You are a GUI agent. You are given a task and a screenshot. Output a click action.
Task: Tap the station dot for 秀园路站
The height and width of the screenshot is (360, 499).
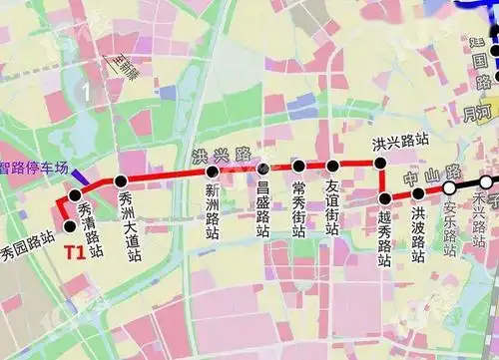click(x=68, y=225)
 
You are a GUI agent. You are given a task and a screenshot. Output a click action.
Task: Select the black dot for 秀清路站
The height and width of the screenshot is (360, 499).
click(x=75, y=195)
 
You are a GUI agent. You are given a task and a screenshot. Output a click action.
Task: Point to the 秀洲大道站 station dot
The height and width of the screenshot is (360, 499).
click(x=121, y=181)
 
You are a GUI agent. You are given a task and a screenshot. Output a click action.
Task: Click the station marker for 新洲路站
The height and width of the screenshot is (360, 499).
click(x=212, y=172)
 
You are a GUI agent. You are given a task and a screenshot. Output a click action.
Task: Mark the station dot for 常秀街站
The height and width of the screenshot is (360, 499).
click(x=298, y=166)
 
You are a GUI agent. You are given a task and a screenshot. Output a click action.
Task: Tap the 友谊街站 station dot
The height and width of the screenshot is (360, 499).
click(x=333, y=165)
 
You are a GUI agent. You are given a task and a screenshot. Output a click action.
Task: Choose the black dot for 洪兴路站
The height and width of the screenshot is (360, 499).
click(x=380, y=162)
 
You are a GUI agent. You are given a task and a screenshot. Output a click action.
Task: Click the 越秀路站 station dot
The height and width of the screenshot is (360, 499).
click(x=384, y=198)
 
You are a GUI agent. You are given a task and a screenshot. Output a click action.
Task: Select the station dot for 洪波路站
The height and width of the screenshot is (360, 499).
click(x=419, y=193)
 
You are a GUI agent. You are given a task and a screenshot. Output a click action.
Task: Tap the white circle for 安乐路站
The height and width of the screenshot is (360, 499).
click(x=450, y=187)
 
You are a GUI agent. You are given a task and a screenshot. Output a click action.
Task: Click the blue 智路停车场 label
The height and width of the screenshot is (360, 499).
click(x=34, y=169)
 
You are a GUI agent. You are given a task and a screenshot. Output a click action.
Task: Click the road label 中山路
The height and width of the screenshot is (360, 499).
click(x=427, y=178)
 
